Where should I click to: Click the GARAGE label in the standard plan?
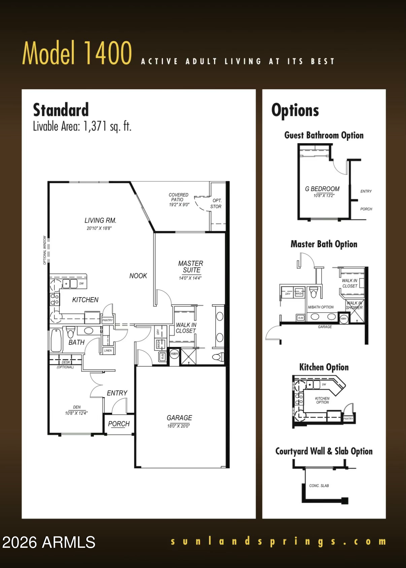[179, 418]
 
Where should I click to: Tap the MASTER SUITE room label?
[191, 266]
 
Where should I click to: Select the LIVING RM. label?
[100, 220]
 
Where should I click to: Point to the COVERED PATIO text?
[178, 197]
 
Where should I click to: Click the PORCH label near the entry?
[119, 424]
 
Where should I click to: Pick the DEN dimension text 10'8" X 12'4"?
[76, 413]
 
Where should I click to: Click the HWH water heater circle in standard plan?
[174, 354]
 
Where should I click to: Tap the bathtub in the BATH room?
[56, 340]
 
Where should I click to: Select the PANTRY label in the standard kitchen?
[107, 320]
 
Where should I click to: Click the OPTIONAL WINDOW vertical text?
[45, 250]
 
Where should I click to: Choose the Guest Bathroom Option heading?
[324, 135]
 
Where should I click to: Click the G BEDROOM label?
[322, 189]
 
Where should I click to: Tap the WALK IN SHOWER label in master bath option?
[354, 305]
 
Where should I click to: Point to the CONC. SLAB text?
[319, 485]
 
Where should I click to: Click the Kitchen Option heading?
[324, 367]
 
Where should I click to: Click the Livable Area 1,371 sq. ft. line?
[82, 126]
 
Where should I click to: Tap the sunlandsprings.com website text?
[278, 541]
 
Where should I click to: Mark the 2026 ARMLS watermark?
[49, 542]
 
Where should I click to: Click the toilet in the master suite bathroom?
[219, 357]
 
